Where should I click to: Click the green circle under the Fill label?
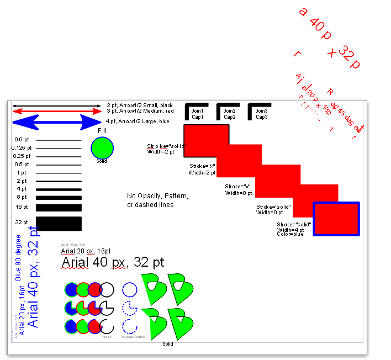pyautogui.click(x=102, y=147)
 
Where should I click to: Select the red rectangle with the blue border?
pyautogui.click(x=336, y=219)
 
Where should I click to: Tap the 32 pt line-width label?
pyautogui.click(x=22, y=223)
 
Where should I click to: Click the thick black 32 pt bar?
pyautogui.click(x=59, y=224)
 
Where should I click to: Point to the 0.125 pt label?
pyautogui.click(x=22, y=148)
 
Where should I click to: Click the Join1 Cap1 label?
pyautogui.click(x=198, y=114)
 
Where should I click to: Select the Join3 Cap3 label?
pyautogui.click(x=261, y=114)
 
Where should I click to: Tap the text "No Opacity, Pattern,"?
pyautogui.click(x=157, y=196)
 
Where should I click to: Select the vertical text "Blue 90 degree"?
pyautogui.click(x=18, y=257)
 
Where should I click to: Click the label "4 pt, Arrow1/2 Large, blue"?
pyautogui.click(x=138, y=121)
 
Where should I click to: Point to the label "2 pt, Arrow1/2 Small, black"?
pyautogui.click(x=140, y=105)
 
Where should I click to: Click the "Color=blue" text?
pyautogui.click(x=291, y=234)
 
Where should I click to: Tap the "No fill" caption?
pyautogui.click(x=108, y=336)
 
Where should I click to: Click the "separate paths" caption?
pyautogui.click(x=133, y=336)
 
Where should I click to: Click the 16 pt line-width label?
pyautogui.click(x=22, y=207)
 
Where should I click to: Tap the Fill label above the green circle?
pyautogui.click(x=102, y=131)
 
